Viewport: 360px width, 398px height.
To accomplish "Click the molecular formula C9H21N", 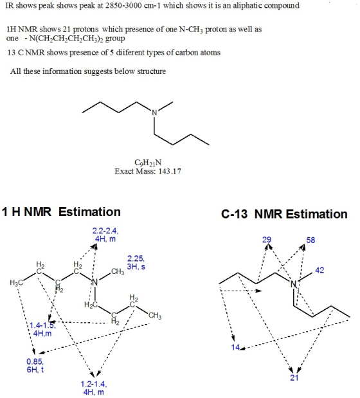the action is point(148,163).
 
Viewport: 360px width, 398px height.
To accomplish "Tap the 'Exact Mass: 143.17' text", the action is point(148,171).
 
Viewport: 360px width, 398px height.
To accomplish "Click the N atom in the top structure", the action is point(154,113).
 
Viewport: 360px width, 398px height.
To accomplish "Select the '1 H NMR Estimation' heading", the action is point(61,212).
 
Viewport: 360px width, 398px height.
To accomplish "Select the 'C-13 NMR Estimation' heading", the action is point(284,213).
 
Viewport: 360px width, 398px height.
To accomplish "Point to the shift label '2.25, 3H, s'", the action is point(136,262).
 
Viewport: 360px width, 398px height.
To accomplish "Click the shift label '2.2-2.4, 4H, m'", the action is point(105,235).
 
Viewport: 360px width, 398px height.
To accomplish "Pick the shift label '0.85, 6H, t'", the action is point(35,365).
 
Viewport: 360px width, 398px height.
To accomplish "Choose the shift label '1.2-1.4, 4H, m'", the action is point(94,388).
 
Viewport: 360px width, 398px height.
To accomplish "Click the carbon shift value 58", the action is point(310,240).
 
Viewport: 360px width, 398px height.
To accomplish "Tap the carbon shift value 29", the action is point(267,240).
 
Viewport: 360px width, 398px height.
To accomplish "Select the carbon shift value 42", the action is point(319,270).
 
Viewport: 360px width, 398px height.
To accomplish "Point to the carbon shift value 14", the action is point(235,347).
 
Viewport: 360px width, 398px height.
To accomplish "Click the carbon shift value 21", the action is point(294,377).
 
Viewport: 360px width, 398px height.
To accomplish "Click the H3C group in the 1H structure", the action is point(16,282).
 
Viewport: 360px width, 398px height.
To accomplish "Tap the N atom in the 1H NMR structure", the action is point(94,282).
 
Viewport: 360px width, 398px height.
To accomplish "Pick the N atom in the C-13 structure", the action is point(293,284).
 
